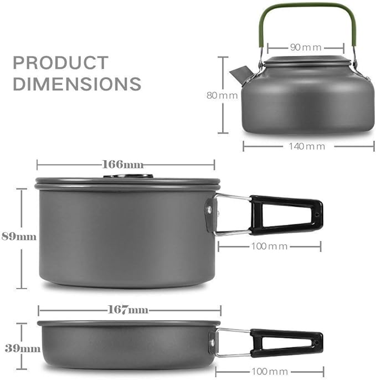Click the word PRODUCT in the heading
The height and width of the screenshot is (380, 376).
pos(60,63)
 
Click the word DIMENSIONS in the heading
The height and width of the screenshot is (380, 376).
pos(77,84)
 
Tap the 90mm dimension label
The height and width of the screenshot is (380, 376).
pos(306,47)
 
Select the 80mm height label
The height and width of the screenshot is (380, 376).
pos(222,95)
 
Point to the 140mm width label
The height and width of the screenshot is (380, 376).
pos(307,146)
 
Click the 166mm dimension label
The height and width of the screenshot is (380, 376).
pos(123,165)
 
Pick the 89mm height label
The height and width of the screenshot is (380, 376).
pos(19,237)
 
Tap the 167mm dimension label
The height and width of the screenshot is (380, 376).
pos(128,310)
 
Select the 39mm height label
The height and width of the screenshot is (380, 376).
pos(23,348)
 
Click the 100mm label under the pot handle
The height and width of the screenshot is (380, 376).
pos(269,247)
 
